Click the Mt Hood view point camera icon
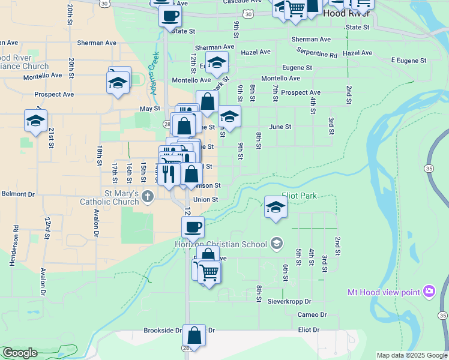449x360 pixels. [429, 292]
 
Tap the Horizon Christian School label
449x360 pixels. [220, 243]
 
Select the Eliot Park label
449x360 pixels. [299, 196]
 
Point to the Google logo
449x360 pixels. [20, 352]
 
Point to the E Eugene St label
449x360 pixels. [408, 61]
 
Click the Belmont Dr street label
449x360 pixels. [18, 194]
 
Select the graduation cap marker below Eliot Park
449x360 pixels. [276, 206]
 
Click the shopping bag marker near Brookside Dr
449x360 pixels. [194, 334]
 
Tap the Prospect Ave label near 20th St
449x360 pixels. [54, 94]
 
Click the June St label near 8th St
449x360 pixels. [280, 127]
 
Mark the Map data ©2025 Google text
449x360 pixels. [412, 355]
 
